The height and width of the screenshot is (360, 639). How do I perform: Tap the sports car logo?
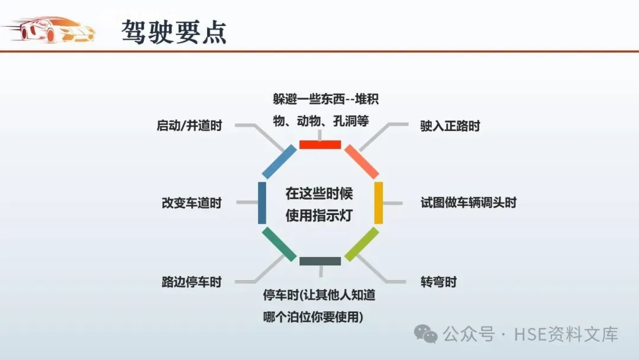(x=50, y=30)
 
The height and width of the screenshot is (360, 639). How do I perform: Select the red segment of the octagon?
(x=320, y=144)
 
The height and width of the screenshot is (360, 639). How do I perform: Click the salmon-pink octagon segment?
(x=362, y=162)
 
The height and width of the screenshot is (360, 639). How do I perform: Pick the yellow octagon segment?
(x=379, y=202)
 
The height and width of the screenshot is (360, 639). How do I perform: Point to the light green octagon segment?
(x=362, y=244)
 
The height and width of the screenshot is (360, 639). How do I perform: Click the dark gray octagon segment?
(x=320, y=261)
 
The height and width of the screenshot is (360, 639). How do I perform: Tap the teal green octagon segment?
(x=279, y=244)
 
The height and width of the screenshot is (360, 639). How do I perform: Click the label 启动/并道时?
(x=189, y=126)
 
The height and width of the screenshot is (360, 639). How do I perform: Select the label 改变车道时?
(x=191, y=202)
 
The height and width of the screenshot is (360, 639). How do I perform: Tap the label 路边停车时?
(x=191, y=282)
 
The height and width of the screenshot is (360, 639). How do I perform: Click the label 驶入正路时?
(x=450, y=126)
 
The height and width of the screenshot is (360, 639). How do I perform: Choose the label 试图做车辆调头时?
(x=469, y=202)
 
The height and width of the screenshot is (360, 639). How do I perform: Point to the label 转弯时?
(x=438, y=282)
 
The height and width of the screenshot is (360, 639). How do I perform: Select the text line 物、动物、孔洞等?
(x=321, y=121)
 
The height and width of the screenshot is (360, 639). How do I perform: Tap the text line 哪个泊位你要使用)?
(x=313, y=317)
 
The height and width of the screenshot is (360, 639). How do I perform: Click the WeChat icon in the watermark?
(x=426, y=334)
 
